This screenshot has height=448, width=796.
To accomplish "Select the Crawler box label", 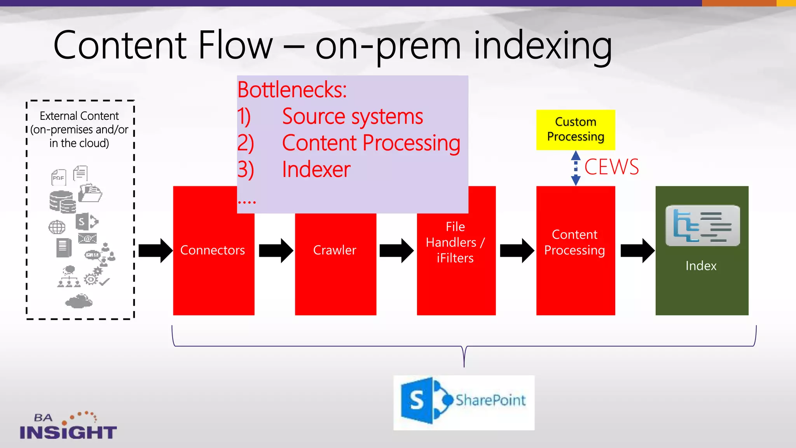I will click(335, 250).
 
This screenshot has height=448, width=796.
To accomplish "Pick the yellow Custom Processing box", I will click(575, 129).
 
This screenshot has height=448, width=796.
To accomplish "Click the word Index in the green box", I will click(701, 266).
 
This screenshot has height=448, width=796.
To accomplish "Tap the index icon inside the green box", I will click(702, 226).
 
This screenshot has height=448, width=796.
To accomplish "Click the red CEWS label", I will click(611, 167).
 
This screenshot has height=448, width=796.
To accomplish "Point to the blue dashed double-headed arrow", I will click(576, 168).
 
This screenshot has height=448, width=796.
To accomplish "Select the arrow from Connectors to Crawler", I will click(276, 250).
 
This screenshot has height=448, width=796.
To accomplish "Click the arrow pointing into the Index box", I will click(637, 250).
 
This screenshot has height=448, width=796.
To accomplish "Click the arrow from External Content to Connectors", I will click(155, 250).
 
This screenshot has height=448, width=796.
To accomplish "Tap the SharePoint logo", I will click(464, 402).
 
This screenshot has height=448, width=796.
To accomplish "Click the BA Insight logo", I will click(68, 426).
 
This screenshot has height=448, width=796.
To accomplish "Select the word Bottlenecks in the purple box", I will click(292, 90).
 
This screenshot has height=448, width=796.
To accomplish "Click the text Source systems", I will click(352, 117).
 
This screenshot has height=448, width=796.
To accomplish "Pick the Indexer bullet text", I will click(316, 170).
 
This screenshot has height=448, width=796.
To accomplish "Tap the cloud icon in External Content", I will click(79, 301).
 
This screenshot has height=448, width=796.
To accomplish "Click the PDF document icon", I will click(59, 177).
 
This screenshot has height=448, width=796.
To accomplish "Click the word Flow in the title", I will click(236, 45).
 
